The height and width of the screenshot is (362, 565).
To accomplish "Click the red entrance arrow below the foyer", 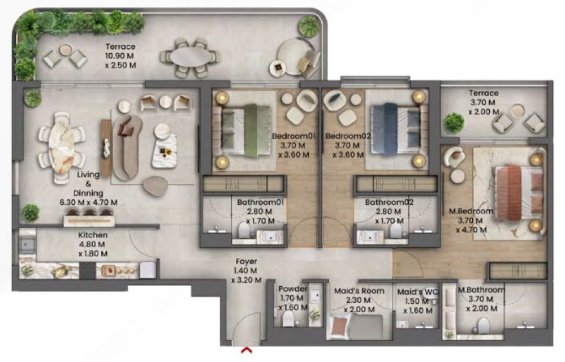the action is (x=247, y=350).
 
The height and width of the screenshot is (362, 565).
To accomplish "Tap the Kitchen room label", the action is (x=93, y=235).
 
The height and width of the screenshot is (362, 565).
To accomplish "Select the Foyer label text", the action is (x=247, y=261).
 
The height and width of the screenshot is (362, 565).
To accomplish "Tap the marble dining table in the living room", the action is (x=62, y=148).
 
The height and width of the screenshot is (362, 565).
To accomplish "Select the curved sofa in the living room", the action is (x=127, y=147).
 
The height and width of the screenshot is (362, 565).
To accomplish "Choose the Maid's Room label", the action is (x=359, y=291).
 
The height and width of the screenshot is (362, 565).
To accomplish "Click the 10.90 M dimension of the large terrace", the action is (x=120, y=56).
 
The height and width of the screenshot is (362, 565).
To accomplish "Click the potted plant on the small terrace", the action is (x=453, y=123).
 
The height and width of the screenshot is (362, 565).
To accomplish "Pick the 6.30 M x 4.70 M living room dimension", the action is (x=88, y=202).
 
